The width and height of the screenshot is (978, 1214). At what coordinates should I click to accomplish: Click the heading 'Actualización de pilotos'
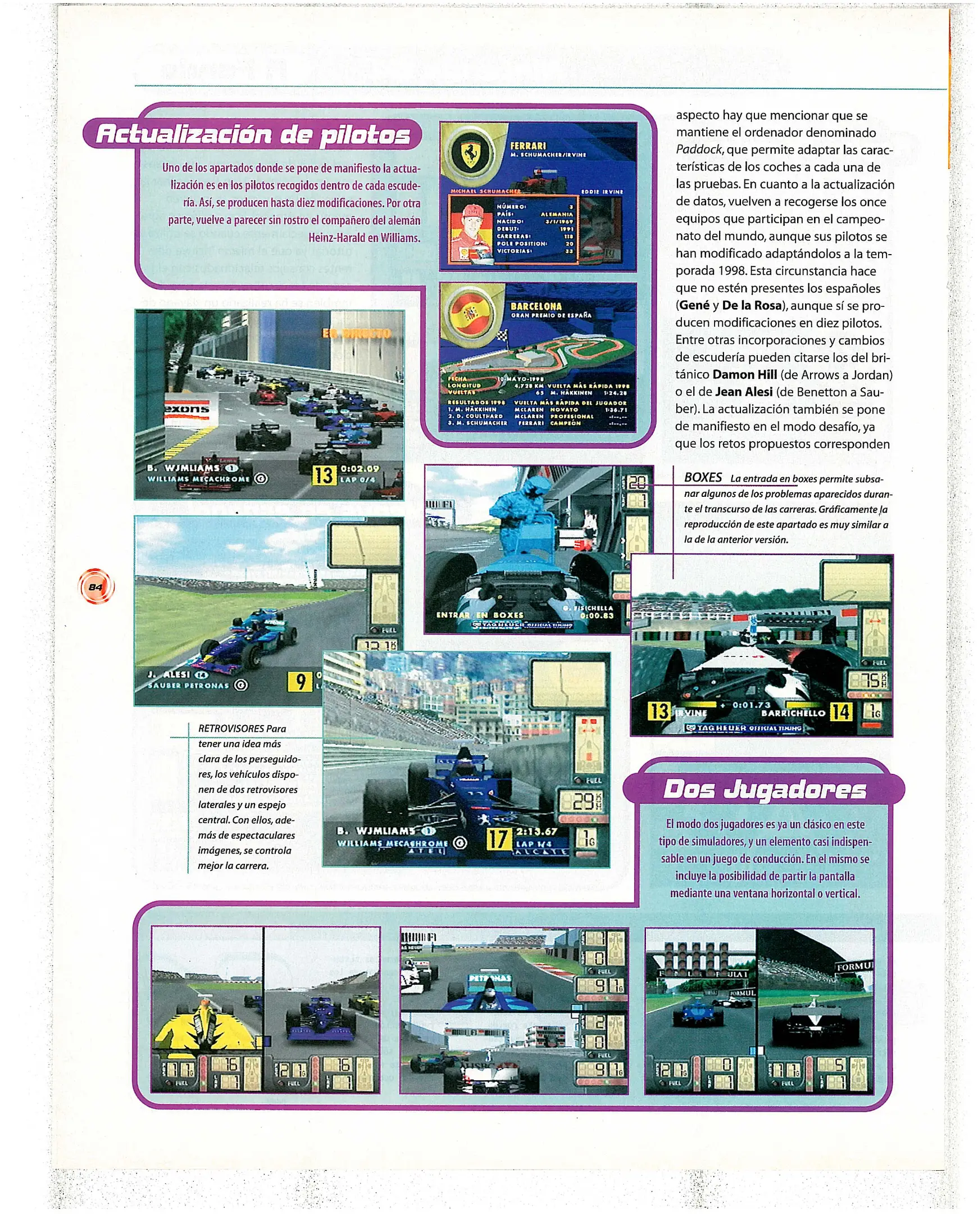tap(253, 134)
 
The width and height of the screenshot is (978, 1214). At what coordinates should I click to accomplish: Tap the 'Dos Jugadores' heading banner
tap(764, 790)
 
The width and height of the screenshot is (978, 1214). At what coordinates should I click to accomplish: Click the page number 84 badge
tap(95, 587)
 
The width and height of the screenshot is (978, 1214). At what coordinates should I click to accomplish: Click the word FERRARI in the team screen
tap(528, 146)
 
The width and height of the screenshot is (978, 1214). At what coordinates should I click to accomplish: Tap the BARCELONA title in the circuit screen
tap(536, 306)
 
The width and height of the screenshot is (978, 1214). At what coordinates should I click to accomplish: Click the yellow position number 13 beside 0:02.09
tap(324, 474)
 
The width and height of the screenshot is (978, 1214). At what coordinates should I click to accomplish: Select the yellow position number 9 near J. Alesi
tap(300, 682)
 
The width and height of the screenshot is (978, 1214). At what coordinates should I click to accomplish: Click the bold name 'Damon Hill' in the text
tap(744, 375)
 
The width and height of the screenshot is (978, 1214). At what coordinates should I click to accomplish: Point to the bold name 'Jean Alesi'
tap(744, 392)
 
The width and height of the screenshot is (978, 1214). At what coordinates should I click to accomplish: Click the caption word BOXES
tap(703, 477)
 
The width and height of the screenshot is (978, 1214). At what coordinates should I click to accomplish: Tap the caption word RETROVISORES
tap(230, 729)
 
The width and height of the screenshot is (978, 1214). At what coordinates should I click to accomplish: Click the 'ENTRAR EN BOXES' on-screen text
tap(479, 615)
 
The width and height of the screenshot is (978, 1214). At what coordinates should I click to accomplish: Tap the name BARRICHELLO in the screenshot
tap(793, 713)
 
